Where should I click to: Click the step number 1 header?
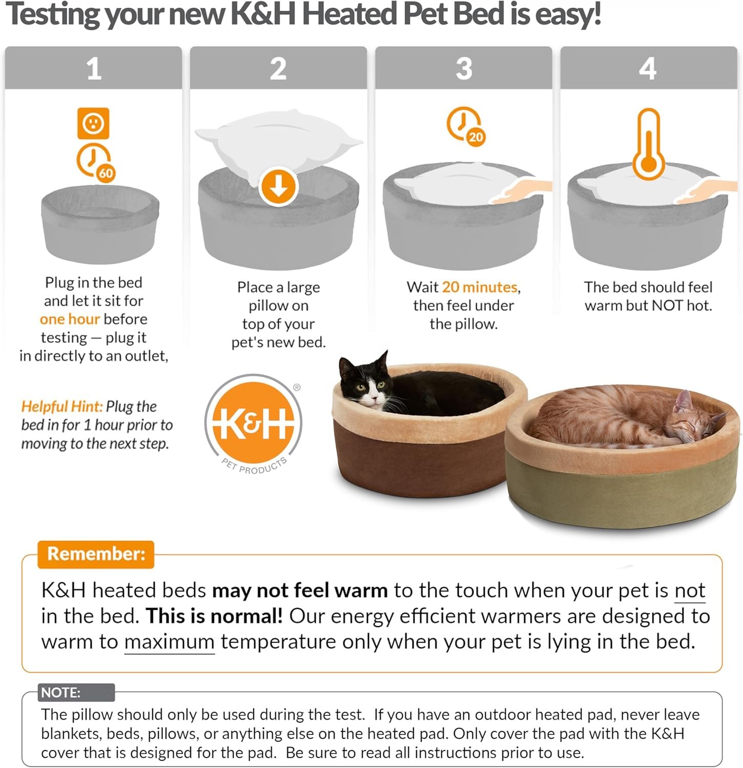tap(93, 68)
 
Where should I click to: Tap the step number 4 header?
tap(648, 68)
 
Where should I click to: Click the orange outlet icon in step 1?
tap(93, 123)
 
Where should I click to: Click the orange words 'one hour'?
tap(70, 319)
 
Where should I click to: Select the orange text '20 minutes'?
tap(480, 287)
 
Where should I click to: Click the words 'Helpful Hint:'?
tap(62, 407)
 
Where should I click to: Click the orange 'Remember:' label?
tap(96, 554)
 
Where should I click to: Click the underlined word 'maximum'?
tap(169, 642)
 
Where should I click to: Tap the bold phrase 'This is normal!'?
tap(214, 616)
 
